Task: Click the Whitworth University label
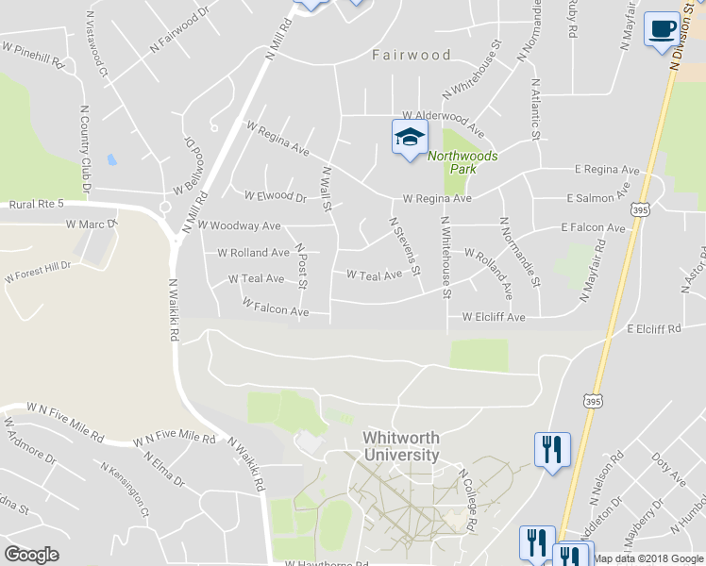401,446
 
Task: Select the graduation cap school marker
410,137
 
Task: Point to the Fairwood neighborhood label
411,55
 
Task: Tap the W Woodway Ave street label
239,226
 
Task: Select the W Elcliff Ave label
493,318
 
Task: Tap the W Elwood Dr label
276,197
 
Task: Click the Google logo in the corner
31,555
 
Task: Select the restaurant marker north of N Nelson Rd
552,448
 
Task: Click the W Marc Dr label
91,225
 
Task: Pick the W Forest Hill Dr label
38,273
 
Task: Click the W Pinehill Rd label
32,54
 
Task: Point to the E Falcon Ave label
593,228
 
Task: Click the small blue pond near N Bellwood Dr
112,159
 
